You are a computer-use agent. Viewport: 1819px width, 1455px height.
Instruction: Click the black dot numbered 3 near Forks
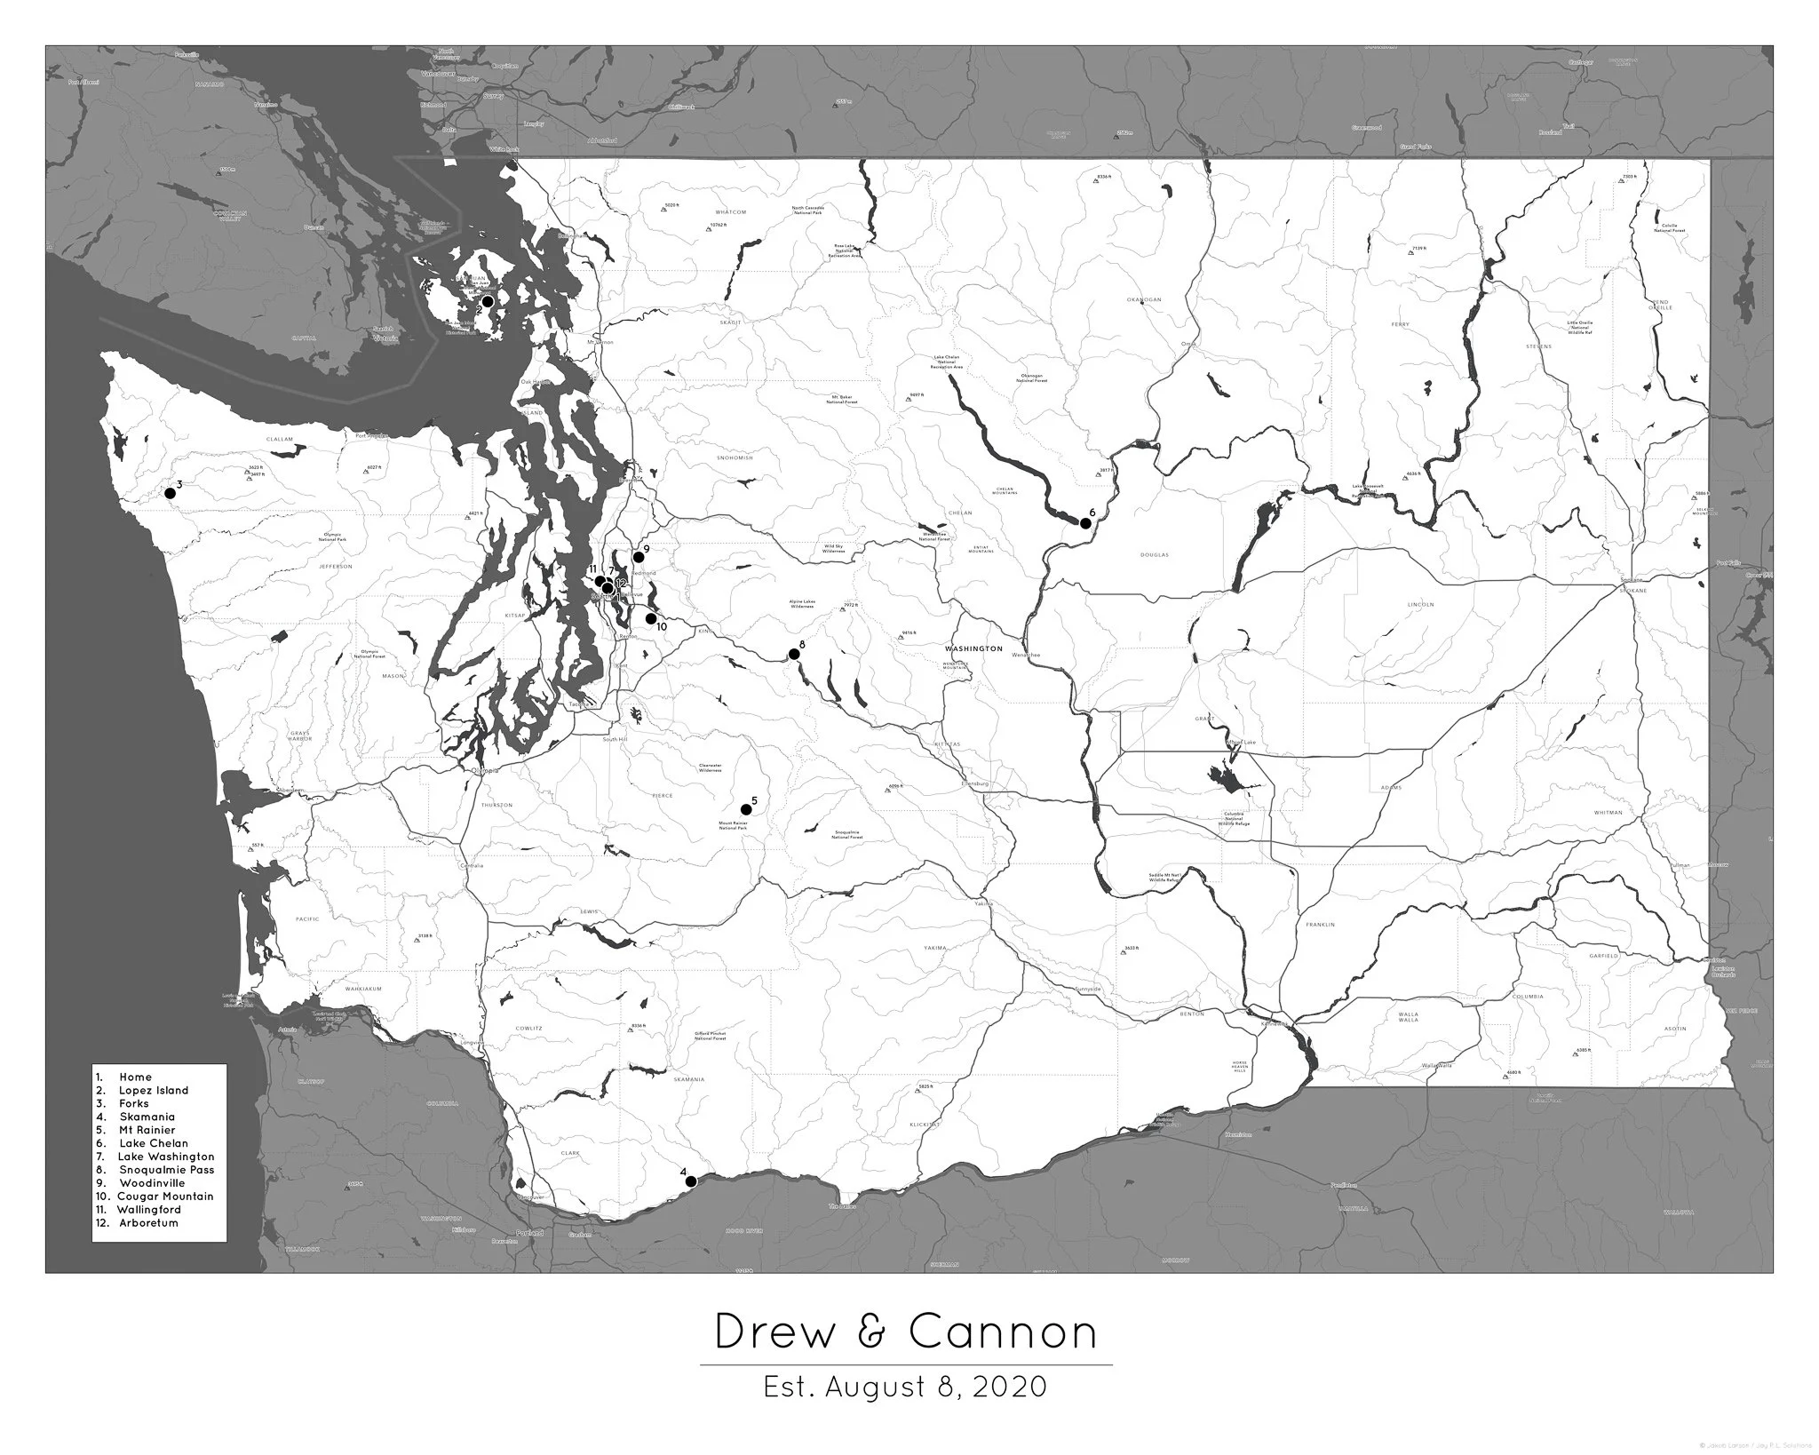coord(170,493)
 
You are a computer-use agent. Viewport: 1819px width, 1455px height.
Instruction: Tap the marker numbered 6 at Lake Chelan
coord(1085,523)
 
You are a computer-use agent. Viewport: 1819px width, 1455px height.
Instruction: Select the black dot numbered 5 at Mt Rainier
coord(746,809)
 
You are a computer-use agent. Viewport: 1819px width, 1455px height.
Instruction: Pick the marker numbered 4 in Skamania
coord(692,1181)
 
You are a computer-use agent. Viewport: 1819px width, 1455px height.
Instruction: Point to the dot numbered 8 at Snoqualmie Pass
coord(794,655)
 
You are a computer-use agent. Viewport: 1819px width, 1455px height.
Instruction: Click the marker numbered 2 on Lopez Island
coord(488,301)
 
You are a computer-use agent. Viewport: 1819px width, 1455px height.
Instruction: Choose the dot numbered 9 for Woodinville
coord(638,557)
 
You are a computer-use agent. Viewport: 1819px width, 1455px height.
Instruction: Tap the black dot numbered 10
coord(651,618)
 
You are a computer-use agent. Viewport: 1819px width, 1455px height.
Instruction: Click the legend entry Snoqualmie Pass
coord(166,1170)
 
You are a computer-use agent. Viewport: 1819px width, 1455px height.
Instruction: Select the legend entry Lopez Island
coord(154,1090)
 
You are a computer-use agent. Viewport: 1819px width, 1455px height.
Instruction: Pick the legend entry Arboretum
coord(148,1222)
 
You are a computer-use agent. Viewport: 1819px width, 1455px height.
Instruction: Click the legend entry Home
coord(135,1077)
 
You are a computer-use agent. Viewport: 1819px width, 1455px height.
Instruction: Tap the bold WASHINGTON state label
coord(973,648)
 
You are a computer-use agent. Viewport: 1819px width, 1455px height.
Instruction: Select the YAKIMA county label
coord(935,948)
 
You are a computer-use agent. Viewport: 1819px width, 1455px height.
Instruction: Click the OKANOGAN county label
coord(1144,299)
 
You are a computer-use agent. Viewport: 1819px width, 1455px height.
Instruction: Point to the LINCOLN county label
coord(1421,604)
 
